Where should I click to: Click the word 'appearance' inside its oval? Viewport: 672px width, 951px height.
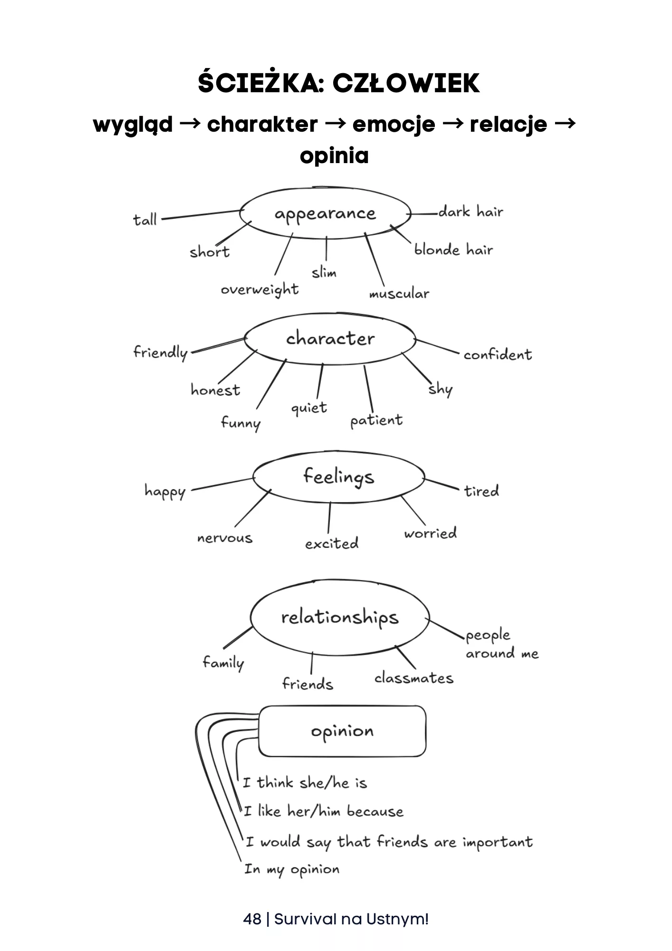(x=325, y=214)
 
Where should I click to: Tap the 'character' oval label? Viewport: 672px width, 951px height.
(x=330, y=339)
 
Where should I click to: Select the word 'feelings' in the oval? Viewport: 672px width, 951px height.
(x=338, y=476)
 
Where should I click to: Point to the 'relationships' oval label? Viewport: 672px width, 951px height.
(x=339, y=617)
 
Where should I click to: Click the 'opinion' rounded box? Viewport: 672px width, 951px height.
(x=342, y=731)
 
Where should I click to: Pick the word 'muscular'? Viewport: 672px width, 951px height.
(x=399, y=294)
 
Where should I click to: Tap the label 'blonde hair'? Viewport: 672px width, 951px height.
(x=453, y=250)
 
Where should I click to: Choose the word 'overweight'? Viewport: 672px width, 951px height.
(x=259, y=290)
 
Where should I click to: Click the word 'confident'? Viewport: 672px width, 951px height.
(x=498, y=355)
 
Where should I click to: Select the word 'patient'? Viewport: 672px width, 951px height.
(x=376, y=421)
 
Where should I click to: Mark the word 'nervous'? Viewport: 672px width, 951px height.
(x=225, y=538)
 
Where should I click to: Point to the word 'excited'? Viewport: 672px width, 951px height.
(x=332, y=543)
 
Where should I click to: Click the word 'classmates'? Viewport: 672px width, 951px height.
(x=413, y=678)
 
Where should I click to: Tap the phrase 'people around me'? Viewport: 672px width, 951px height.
(x=501, y=644)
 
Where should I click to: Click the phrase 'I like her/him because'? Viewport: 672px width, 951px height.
(x=323, y=811)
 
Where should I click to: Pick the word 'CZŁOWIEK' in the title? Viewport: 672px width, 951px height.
(x=406, y=83)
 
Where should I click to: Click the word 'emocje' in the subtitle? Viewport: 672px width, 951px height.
(x=394, y=125)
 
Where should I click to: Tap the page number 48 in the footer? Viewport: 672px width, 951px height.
(x=252, y=919)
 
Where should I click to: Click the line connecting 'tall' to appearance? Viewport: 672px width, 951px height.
(x=200, y=214)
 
